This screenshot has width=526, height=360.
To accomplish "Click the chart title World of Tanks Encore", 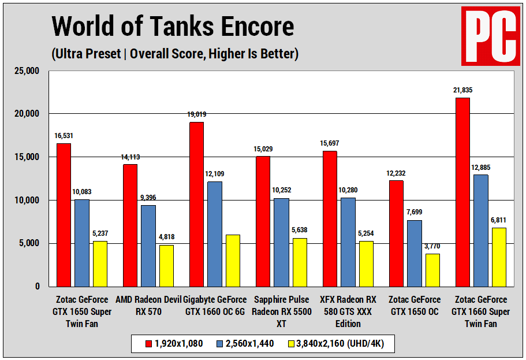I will pyautogui.click(x=173, y=26).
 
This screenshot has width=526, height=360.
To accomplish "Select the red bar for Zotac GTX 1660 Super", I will pyautogui.click(x=462, y=192).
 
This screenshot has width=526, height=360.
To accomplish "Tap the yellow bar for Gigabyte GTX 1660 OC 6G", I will pyautogui.click(x=233, y=260).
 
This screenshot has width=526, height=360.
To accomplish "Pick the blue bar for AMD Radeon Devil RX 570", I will pyautogui.click(x=148, y=246).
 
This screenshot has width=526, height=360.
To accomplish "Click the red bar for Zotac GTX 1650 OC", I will pyautogui.click(x=396, y=233).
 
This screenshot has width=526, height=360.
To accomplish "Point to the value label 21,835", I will pyautogui.click(x=462, y=90).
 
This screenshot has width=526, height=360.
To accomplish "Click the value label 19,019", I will pyautogui.click(x=196, y=114).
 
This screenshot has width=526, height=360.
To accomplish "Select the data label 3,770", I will pyautogui.click(x=433, y=246).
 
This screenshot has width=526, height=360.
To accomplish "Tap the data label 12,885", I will pyautogui.click(x=481, y=168).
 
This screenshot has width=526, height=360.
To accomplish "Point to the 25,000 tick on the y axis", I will pyautogui.click(x=26, y=70).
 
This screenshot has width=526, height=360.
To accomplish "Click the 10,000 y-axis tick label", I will pyautogui.click(x=26, y=200).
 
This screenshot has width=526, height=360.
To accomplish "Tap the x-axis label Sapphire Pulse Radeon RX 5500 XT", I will pyautogui.click(x=281, y=311).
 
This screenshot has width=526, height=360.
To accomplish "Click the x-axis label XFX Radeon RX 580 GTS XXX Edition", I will pyautogui.click(x=348, y=311).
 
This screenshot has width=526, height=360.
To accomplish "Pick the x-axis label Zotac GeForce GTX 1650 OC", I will pyautogui.click(x=415, y=306).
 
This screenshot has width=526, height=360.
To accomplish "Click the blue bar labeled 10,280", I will pyautogui.click(x=348, y=242).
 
